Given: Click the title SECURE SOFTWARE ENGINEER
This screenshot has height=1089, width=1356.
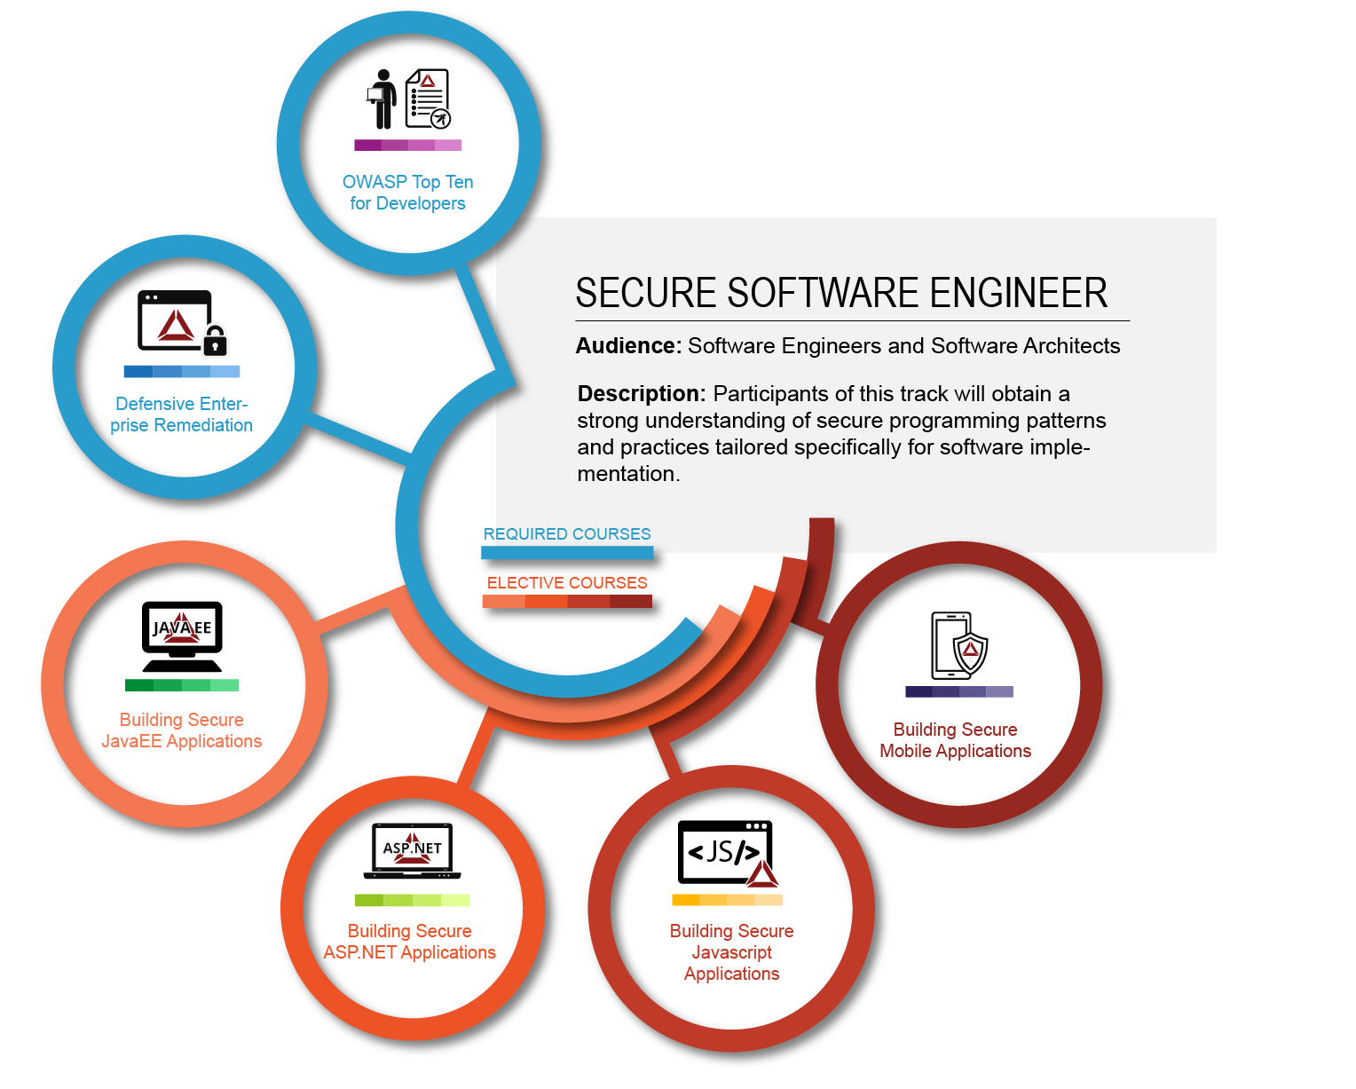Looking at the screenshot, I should (x=841, y=294).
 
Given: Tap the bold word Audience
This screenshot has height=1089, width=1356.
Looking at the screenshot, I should (x=627, y=346).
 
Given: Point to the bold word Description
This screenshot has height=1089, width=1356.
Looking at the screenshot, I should (x=641, y=394).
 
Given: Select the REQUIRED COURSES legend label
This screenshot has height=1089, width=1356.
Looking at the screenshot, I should (x=567, y=534).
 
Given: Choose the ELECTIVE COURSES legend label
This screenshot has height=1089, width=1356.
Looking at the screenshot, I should (x=567, y=583).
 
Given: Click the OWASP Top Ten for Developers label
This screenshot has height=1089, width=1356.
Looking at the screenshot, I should (x=407, y=193).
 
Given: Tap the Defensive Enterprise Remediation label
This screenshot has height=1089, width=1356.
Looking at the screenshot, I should (x=182, y=414).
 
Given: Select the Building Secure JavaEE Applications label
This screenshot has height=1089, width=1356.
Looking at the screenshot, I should (x=182, y=730).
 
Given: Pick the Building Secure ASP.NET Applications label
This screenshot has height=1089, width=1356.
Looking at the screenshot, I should (x=410, y=942).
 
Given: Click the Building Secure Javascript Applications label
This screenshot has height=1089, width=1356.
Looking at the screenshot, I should (x=732, y=952).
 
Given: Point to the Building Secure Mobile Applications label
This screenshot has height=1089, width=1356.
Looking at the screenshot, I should (x=956, y=740).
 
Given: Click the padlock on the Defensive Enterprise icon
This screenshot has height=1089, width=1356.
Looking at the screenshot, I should (x=215, y=340).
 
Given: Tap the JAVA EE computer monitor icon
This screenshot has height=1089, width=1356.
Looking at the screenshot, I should (x=182, y=635).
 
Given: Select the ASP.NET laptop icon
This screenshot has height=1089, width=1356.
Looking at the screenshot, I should (x=413, y=850).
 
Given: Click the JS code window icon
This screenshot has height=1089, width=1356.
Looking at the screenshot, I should (x=724, y=852).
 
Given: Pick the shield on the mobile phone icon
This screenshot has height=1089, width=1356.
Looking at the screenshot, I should (x=970, y=652).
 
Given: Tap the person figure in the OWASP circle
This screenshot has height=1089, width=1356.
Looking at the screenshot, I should (x=382, y=99).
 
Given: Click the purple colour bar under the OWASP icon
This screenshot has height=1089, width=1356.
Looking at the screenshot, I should (x=407, y=145).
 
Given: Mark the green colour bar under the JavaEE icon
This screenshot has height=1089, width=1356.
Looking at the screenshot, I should (x=182, y=685).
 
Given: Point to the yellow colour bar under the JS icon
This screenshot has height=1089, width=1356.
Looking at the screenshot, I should (x=727, y=900).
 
